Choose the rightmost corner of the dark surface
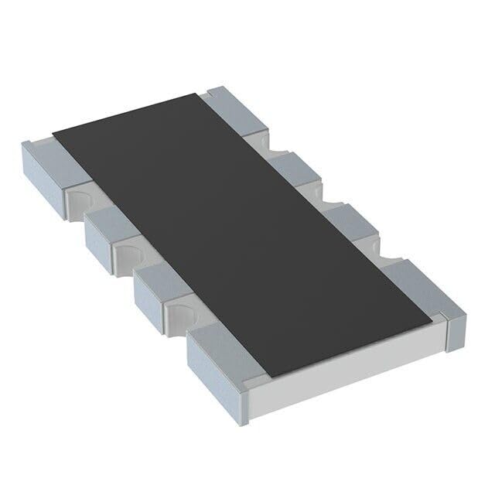coord(430,316)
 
